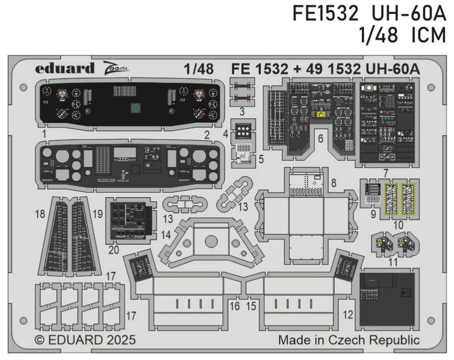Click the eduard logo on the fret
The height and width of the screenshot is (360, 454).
(x=65, y=68)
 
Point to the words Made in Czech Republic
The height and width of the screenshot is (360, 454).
(x=348, y=340)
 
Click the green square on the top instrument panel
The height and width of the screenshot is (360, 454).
(x=135, y=108)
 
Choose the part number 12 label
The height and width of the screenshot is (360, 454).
(x=348, y=315)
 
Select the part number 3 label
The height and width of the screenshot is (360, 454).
(x=242, y=110)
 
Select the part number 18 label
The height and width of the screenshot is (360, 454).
(x=40, y=214)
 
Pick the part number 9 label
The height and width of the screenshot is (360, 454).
(x=373, y=214)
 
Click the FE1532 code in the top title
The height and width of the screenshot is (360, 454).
(x=325, y=14)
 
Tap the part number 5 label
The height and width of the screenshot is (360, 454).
(x=261, y=158)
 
